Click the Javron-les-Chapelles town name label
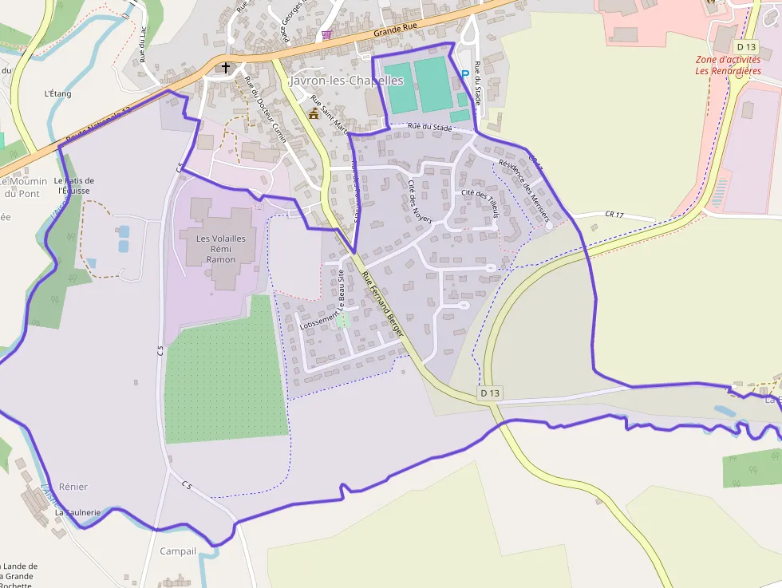346,81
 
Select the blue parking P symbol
464,74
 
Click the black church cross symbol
226,67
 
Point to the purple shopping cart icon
326,34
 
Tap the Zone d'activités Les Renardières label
728,65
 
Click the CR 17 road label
614,215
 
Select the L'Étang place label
58,93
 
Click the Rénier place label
73,487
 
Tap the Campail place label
178,551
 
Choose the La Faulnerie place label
77,512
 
